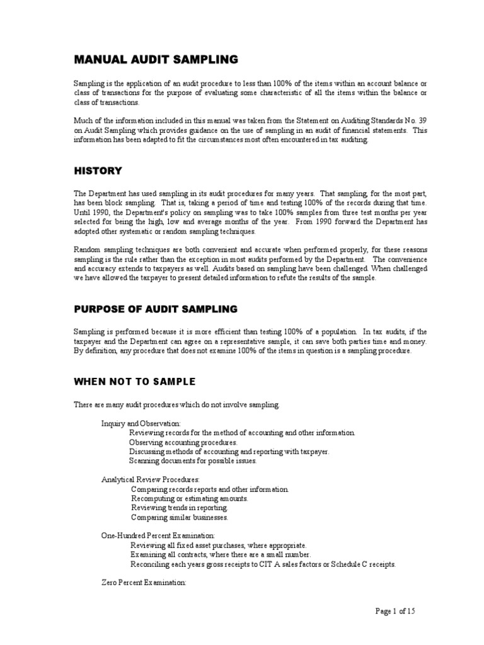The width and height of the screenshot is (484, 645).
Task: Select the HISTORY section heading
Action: (x=98, y=171)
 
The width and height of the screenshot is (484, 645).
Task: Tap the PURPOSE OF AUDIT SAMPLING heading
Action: (x=156, y=309)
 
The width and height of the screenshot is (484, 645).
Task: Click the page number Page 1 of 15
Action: (x=396, y=611)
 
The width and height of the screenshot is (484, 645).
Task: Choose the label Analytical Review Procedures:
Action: (x=151, y=479)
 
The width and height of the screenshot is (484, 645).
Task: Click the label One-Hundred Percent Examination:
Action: (x=158, y=535)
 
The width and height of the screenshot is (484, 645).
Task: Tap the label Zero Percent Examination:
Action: (x=144, y=583)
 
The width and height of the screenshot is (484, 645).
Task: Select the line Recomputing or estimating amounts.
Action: (x=190, y=498)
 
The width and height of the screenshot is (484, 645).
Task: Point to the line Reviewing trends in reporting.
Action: (x=180, y=508)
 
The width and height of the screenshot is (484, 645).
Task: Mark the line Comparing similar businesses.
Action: (x=180, y=517)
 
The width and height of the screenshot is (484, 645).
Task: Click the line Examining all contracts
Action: (x=221, y=555)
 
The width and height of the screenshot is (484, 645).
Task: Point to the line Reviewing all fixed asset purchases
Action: (x=219, y=545)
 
